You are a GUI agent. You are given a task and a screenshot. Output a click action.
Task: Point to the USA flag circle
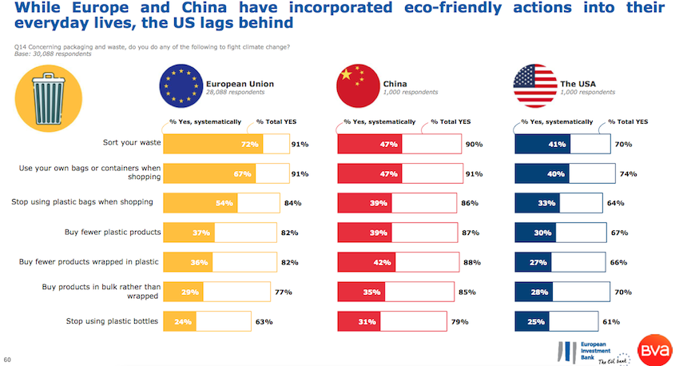tap(534, 87)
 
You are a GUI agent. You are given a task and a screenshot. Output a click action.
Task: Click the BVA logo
tap(654, 348)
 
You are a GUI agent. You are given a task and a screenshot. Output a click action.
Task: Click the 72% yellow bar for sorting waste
tap(212, 145)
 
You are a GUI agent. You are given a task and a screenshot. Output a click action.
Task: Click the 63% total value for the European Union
tap(264, 322)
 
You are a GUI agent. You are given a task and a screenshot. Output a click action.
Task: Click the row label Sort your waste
tap(132, 142)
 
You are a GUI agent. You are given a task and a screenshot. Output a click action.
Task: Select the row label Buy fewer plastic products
tap(113, 232)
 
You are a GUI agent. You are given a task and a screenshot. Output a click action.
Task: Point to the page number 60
tap(7, 360)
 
